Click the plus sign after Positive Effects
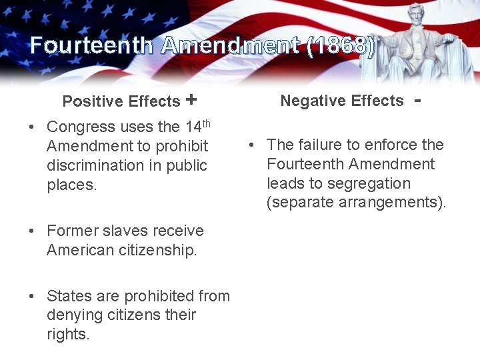tap(191, 100)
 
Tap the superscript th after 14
tap(206, 123)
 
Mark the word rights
tap(67, 335)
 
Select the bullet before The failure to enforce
tap(252, 145)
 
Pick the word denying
tap(74, 315)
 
